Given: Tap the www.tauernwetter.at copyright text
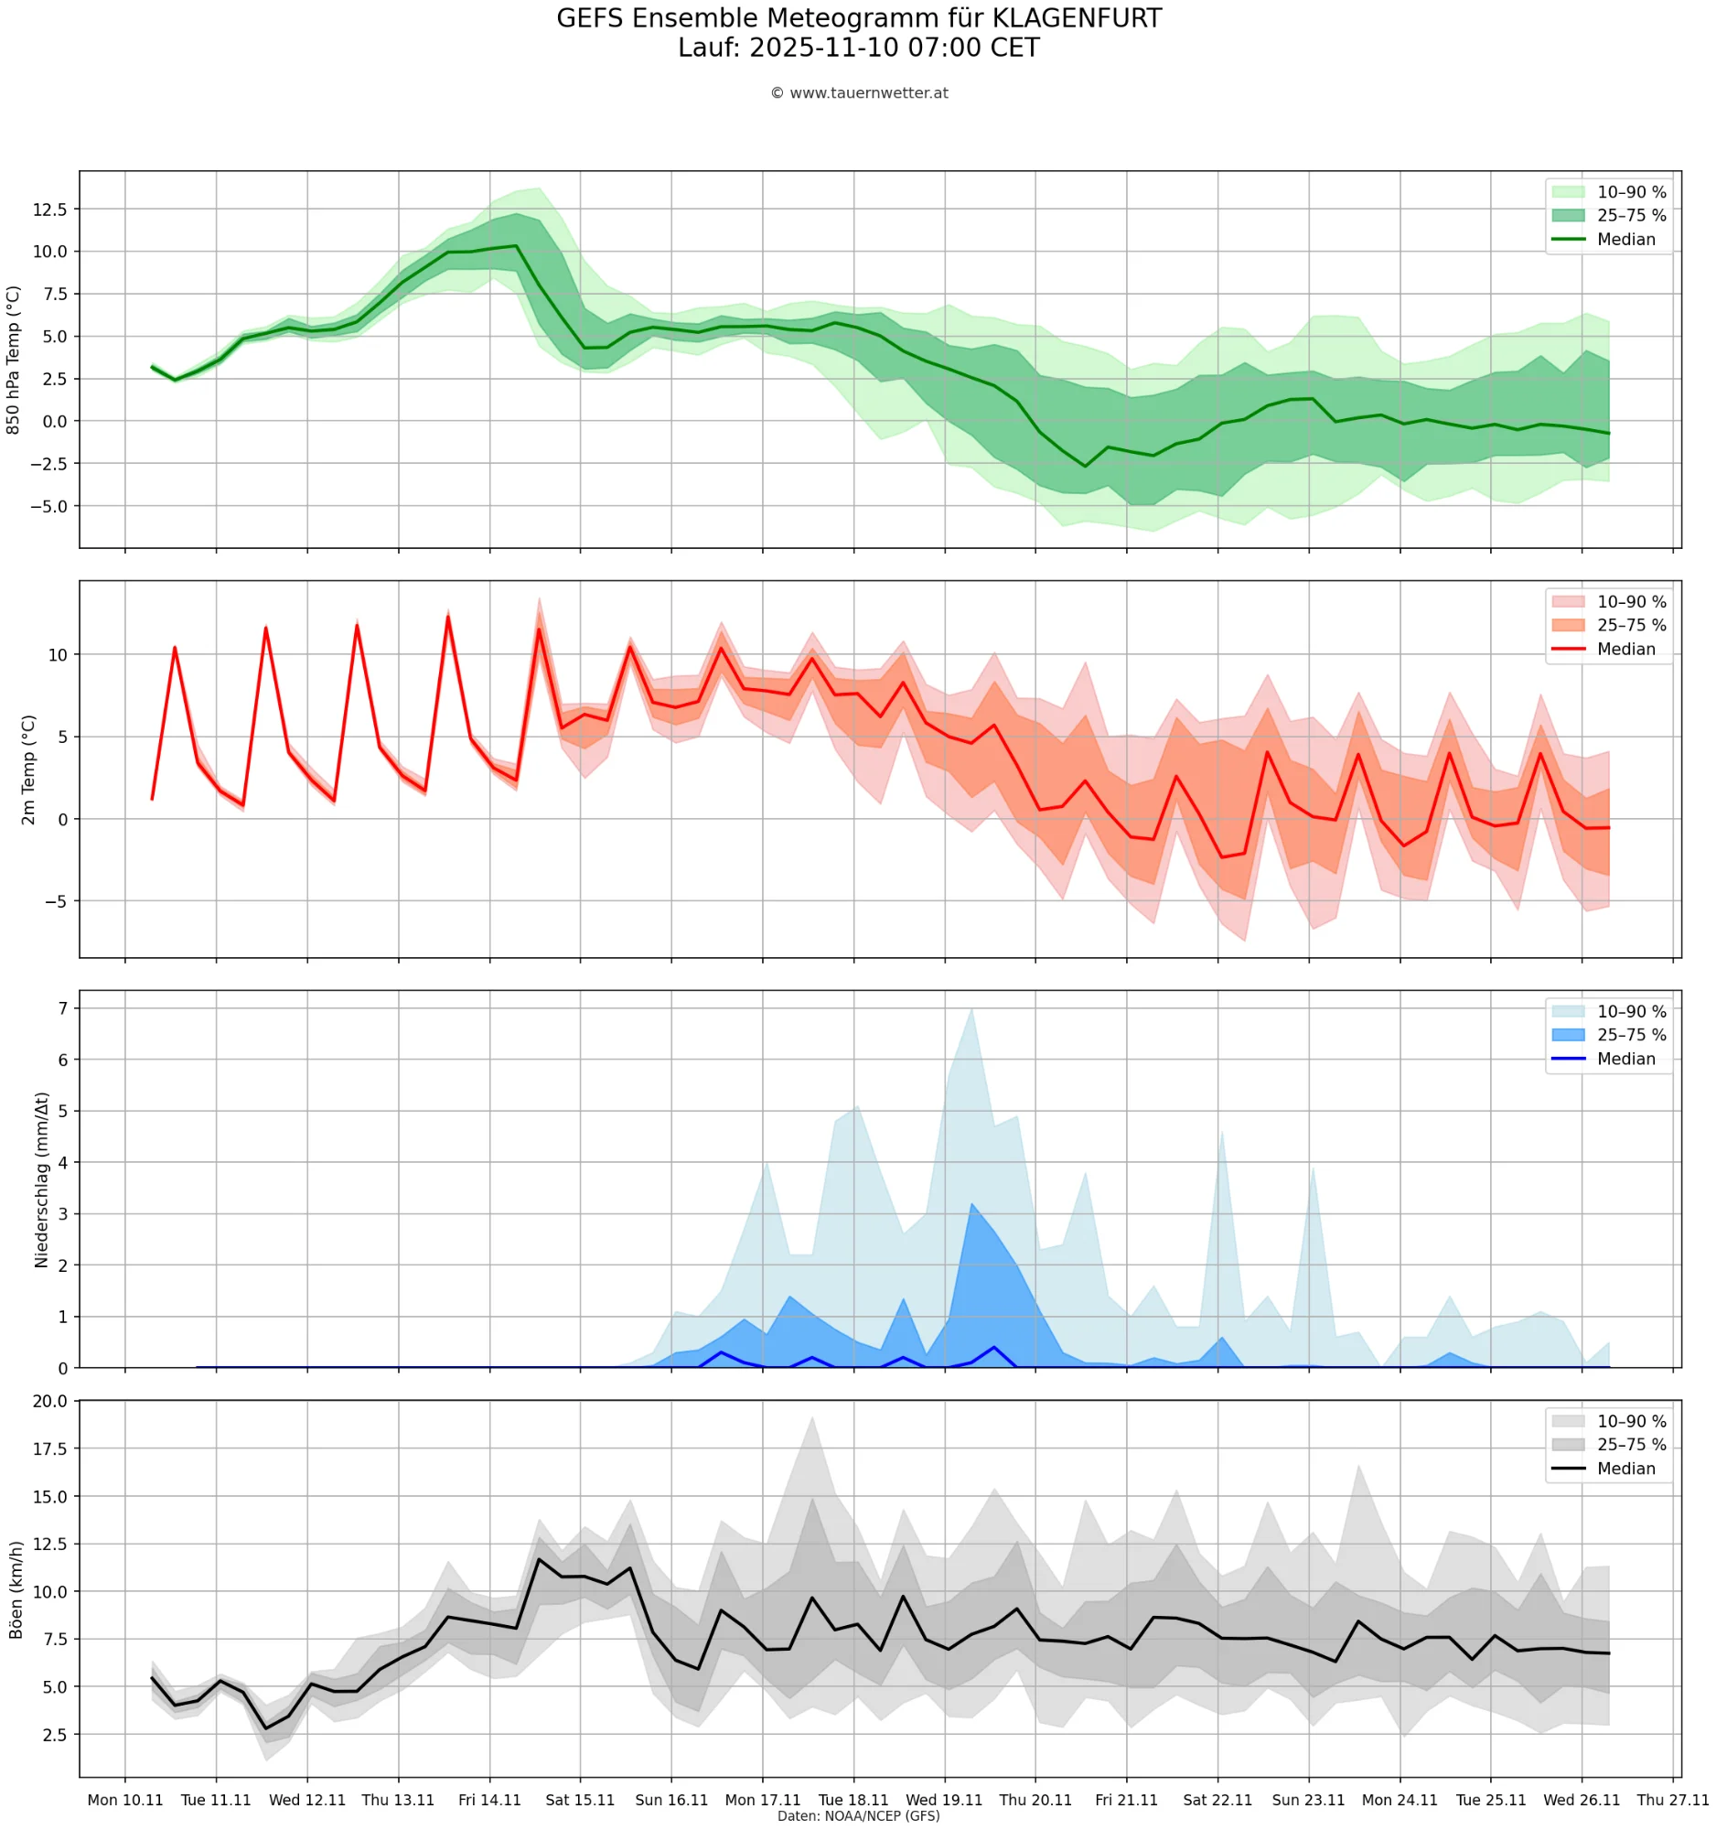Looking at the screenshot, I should click(859, 93).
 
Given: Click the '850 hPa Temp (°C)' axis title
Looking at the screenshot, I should click(13, 360).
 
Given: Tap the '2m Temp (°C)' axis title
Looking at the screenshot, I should click(28, 770).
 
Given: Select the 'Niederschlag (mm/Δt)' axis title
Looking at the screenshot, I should click(41, 1179).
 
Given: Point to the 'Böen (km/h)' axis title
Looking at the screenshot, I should click(16, 1589).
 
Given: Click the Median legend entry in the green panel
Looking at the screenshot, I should click(1625, 240).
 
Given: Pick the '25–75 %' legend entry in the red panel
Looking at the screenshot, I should click(1630, 625).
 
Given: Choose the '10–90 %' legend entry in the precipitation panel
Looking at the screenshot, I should click(1630, 1012).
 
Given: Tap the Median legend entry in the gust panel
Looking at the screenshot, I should click(1625, 1469).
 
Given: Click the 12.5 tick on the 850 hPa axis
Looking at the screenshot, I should click(49, 210).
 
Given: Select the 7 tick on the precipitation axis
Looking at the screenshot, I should click(62, 1008).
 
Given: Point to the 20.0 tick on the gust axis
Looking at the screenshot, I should click(49, 1401).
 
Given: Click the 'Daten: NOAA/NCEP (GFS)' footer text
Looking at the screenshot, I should click(857, 1816).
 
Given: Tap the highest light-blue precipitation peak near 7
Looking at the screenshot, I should click(971, 1009).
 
